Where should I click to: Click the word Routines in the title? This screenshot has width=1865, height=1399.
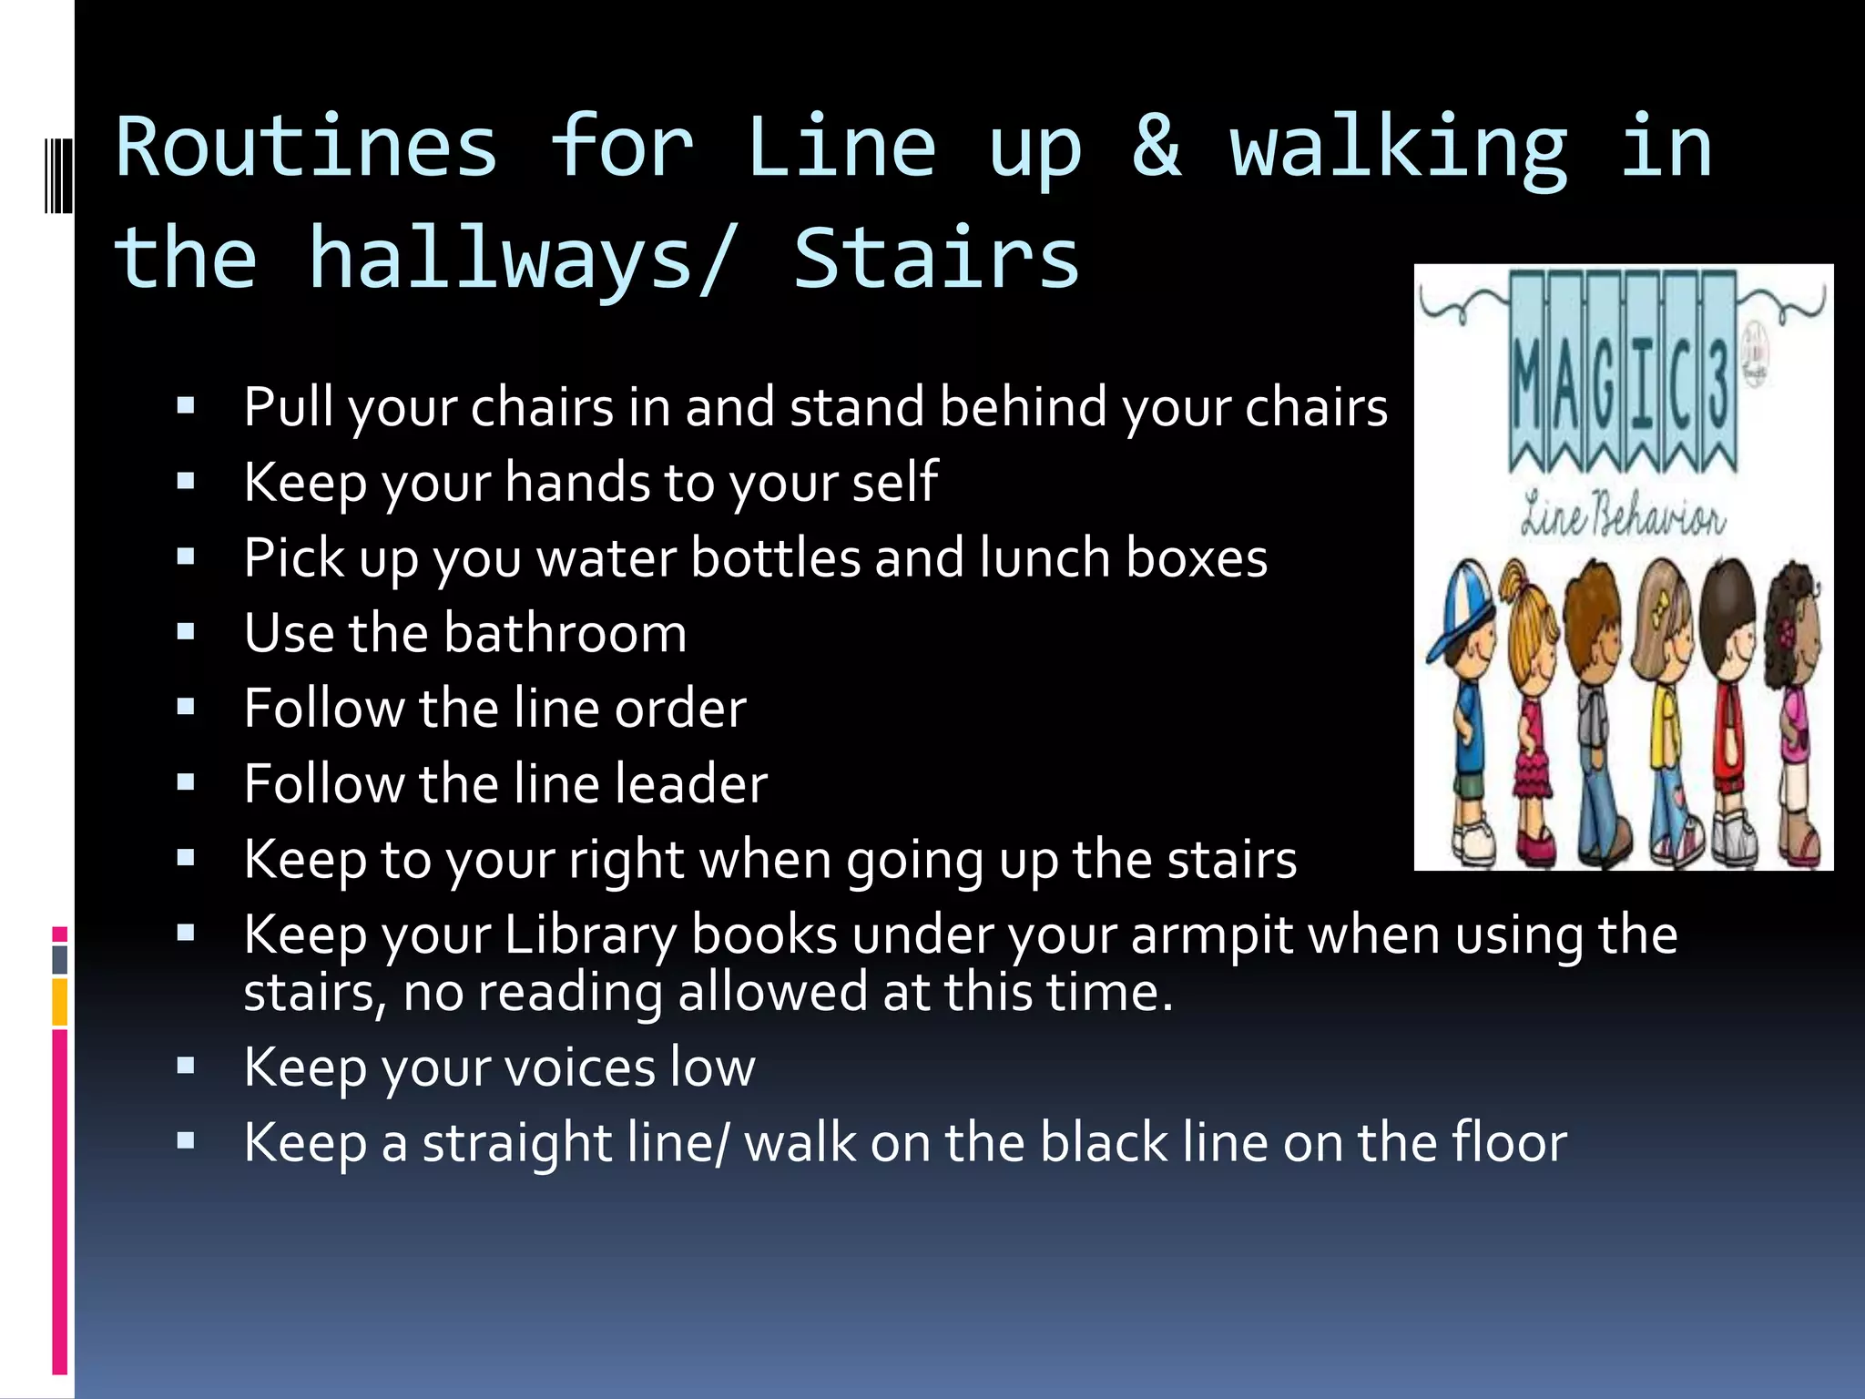click(307, 148)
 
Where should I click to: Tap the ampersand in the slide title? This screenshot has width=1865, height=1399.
click(1156, 148)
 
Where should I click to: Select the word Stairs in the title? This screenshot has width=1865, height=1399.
click(936, 260)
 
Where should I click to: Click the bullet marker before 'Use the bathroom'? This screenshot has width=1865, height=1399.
click(187, 632)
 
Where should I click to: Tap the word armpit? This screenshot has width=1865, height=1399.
click(1211, 936)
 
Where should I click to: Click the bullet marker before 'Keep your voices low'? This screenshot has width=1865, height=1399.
click(187, 1067)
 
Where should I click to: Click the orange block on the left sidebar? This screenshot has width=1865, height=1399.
click(60, 1002)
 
